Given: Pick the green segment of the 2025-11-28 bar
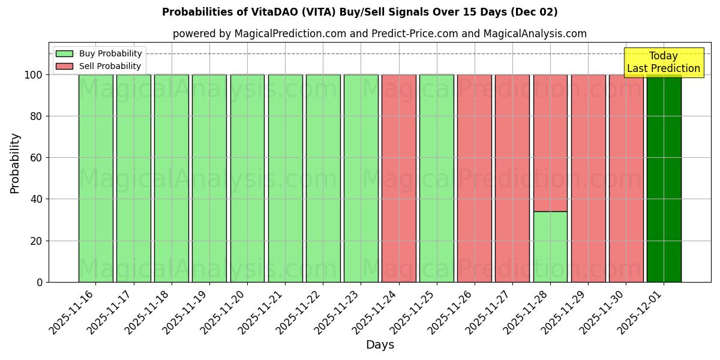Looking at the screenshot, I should point(550,247).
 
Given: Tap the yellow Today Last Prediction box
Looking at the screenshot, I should point(663,62).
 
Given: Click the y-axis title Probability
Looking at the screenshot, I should point(15,163).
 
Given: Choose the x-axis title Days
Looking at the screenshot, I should point(380,345).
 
